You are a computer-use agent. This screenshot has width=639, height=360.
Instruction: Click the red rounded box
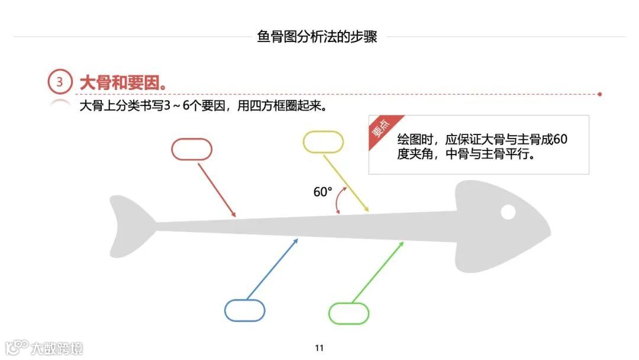click(192, 149)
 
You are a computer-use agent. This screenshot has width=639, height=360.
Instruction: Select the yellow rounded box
click(323, 142)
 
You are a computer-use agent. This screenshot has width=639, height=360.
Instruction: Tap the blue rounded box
click(244, 310)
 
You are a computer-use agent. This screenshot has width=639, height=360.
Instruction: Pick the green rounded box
click(348, 313)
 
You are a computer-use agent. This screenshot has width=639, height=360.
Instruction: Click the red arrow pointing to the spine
click(217, 189)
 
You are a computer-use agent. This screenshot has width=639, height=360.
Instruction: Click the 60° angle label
click(322, 192)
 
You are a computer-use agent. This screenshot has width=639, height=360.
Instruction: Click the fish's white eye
click(508, 211)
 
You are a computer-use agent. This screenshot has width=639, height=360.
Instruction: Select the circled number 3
click(59, 82)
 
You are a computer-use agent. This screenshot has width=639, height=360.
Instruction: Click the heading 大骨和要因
click(123, 83)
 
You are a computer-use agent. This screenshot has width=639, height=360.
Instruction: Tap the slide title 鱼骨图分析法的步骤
click(317, 37)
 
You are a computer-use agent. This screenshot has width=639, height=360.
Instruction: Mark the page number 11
click(319, 348)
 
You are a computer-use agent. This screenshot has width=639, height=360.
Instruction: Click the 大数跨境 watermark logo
click(44, 348)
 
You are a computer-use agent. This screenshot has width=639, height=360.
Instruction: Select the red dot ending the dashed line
click(600, 94)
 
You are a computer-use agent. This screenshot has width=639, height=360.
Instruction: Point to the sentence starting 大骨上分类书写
click(204, 108)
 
